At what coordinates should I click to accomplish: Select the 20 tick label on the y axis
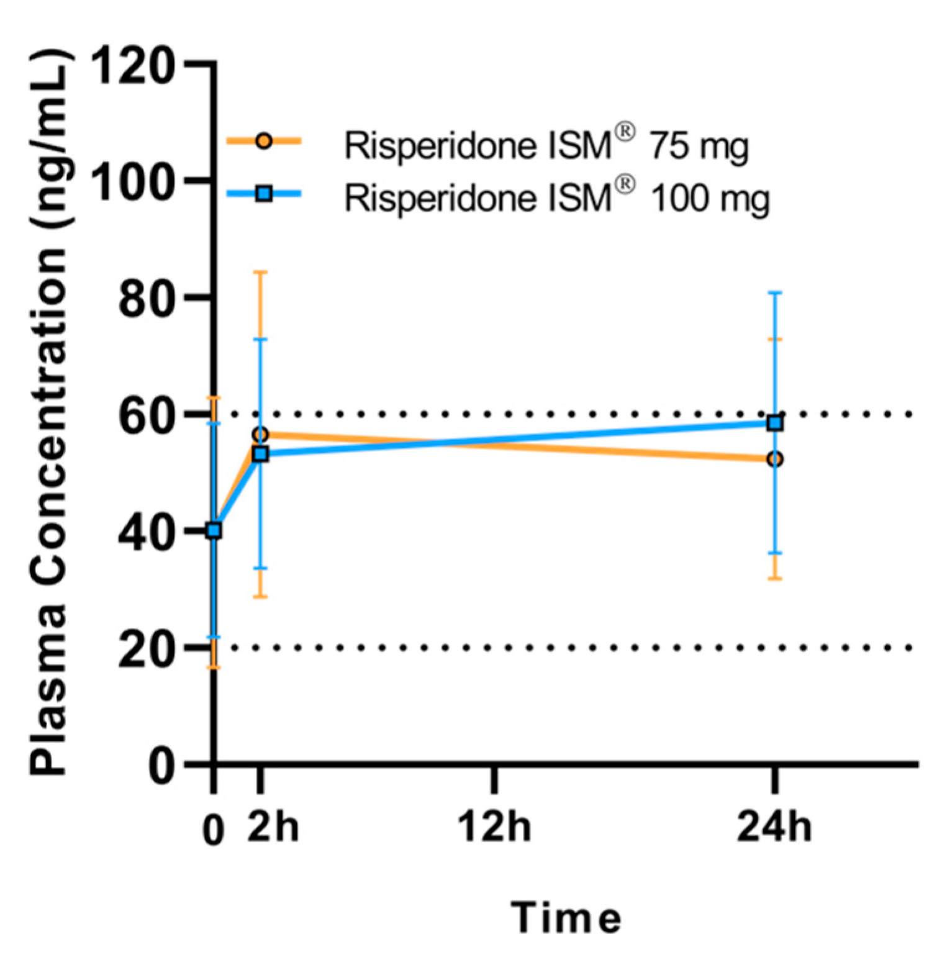click(145, 650)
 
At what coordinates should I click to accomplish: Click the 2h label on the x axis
click(273, 826)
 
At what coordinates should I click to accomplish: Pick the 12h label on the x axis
click(494, 826)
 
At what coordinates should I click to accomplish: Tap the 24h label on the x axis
click(774, 826)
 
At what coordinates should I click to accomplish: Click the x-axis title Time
click(566, 918)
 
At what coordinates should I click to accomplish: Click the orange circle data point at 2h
click(261, 433)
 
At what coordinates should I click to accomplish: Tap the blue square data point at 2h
click(261, 454)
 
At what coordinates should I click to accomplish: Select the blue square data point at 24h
click(775, 423)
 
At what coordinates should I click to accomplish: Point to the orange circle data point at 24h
click(775, 460)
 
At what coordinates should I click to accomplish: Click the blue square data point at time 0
click(214, 530)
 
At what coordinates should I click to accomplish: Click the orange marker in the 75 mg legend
click(264, 141)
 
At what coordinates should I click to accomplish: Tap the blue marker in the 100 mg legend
click(264, 194)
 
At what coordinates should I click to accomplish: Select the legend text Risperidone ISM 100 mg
click(557, 198)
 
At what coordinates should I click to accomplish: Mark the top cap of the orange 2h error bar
click(261, 272)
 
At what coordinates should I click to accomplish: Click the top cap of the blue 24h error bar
click(775, 292)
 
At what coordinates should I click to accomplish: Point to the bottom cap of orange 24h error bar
click(775, 579)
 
